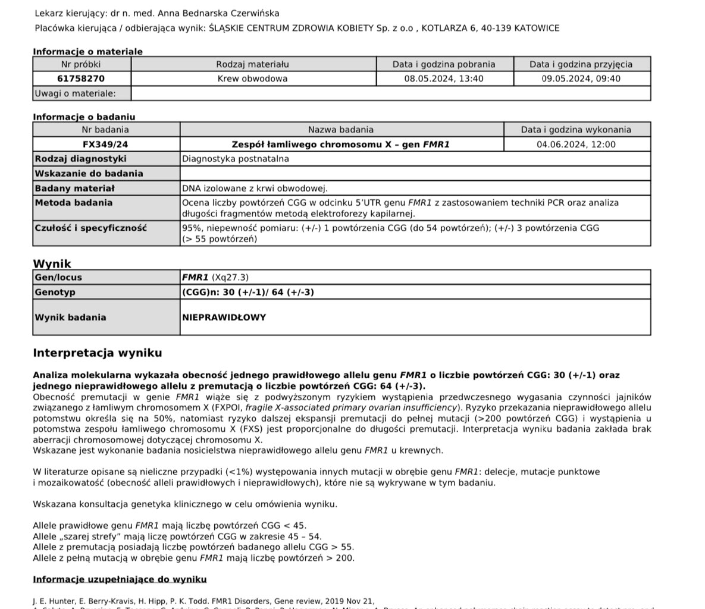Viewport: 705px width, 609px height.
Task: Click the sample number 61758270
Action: tap(81, 79)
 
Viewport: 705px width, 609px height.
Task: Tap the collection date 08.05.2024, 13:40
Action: tap(444, 79)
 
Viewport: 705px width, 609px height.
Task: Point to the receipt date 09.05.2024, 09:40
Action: tap(581, 79)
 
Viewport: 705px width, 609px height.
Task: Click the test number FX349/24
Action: tap(105, 145)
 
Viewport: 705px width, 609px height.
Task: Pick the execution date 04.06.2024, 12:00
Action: tap(576, 145)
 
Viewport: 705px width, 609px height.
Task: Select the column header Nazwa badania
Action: tap(341, 130)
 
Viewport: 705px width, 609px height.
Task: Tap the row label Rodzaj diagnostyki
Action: tap(80, 159)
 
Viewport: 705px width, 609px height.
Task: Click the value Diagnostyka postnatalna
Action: tap(236, 159)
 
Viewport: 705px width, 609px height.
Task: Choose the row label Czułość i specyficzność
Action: tap(90, 228)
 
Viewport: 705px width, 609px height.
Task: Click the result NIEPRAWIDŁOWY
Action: tap(224, 318)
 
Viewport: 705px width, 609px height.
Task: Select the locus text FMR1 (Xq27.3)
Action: tap(215, 278)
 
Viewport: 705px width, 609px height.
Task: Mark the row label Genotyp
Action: tap(55, 293)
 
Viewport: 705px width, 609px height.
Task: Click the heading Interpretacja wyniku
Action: tap(98, 353)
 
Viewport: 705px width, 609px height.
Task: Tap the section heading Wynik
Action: tap(52, 263)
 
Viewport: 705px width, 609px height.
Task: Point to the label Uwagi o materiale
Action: tap(75, 93)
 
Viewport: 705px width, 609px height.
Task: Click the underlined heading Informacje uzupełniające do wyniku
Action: tap(120, 579)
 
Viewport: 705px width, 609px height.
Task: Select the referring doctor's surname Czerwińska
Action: tap(250, 13)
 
